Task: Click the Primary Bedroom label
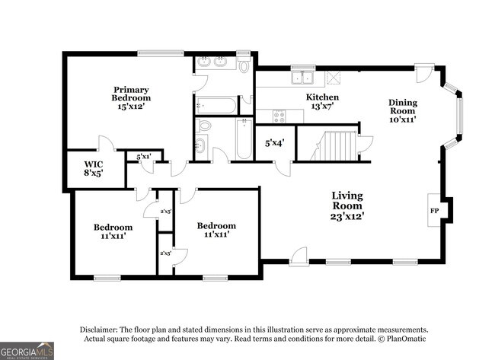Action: [131, 98]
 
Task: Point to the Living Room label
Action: [346, 206]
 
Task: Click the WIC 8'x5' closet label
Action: [94, 168]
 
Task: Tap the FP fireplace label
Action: [435, 209]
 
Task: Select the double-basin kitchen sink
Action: [304, 77]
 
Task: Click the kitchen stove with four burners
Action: [278, 116]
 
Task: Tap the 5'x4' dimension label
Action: [274, 142]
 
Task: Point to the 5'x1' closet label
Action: [143, 157]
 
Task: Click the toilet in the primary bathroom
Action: [244, 65]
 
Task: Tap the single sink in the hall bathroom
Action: [201, 146]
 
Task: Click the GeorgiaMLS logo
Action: [27, 349]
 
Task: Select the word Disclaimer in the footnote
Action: [104, 329]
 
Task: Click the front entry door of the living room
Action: [299, 255]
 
